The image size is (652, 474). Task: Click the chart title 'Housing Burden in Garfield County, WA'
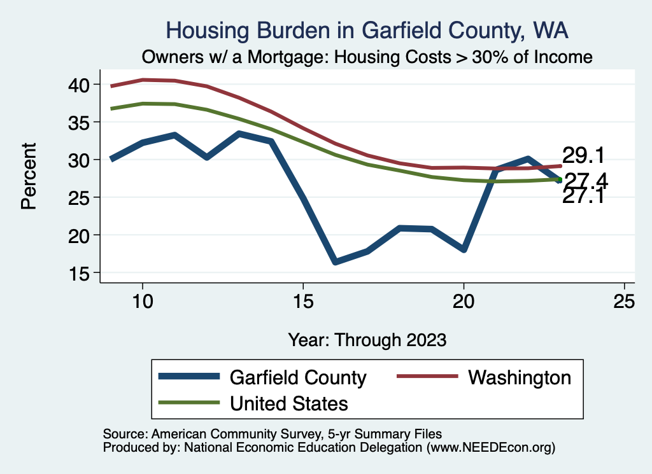367,30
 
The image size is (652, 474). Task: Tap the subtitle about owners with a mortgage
367,57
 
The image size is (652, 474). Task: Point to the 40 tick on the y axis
85,84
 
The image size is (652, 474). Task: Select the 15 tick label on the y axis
85,273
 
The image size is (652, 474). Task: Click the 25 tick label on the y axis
85,197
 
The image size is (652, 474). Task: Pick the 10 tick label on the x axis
143,302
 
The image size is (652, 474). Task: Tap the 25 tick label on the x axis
624,302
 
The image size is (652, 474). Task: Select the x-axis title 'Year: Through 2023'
367,339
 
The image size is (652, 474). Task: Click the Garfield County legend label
297,377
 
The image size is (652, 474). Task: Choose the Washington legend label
520,377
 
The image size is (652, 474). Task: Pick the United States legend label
288,403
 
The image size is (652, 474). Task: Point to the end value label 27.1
583,196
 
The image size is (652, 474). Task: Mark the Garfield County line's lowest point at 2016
336,261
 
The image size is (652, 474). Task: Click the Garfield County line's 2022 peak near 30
528,158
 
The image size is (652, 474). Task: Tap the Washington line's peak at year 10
143,80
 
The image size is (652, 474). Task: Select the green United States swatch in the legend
189,403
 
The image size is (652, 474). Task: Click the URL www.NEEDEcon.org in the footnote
490,447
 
